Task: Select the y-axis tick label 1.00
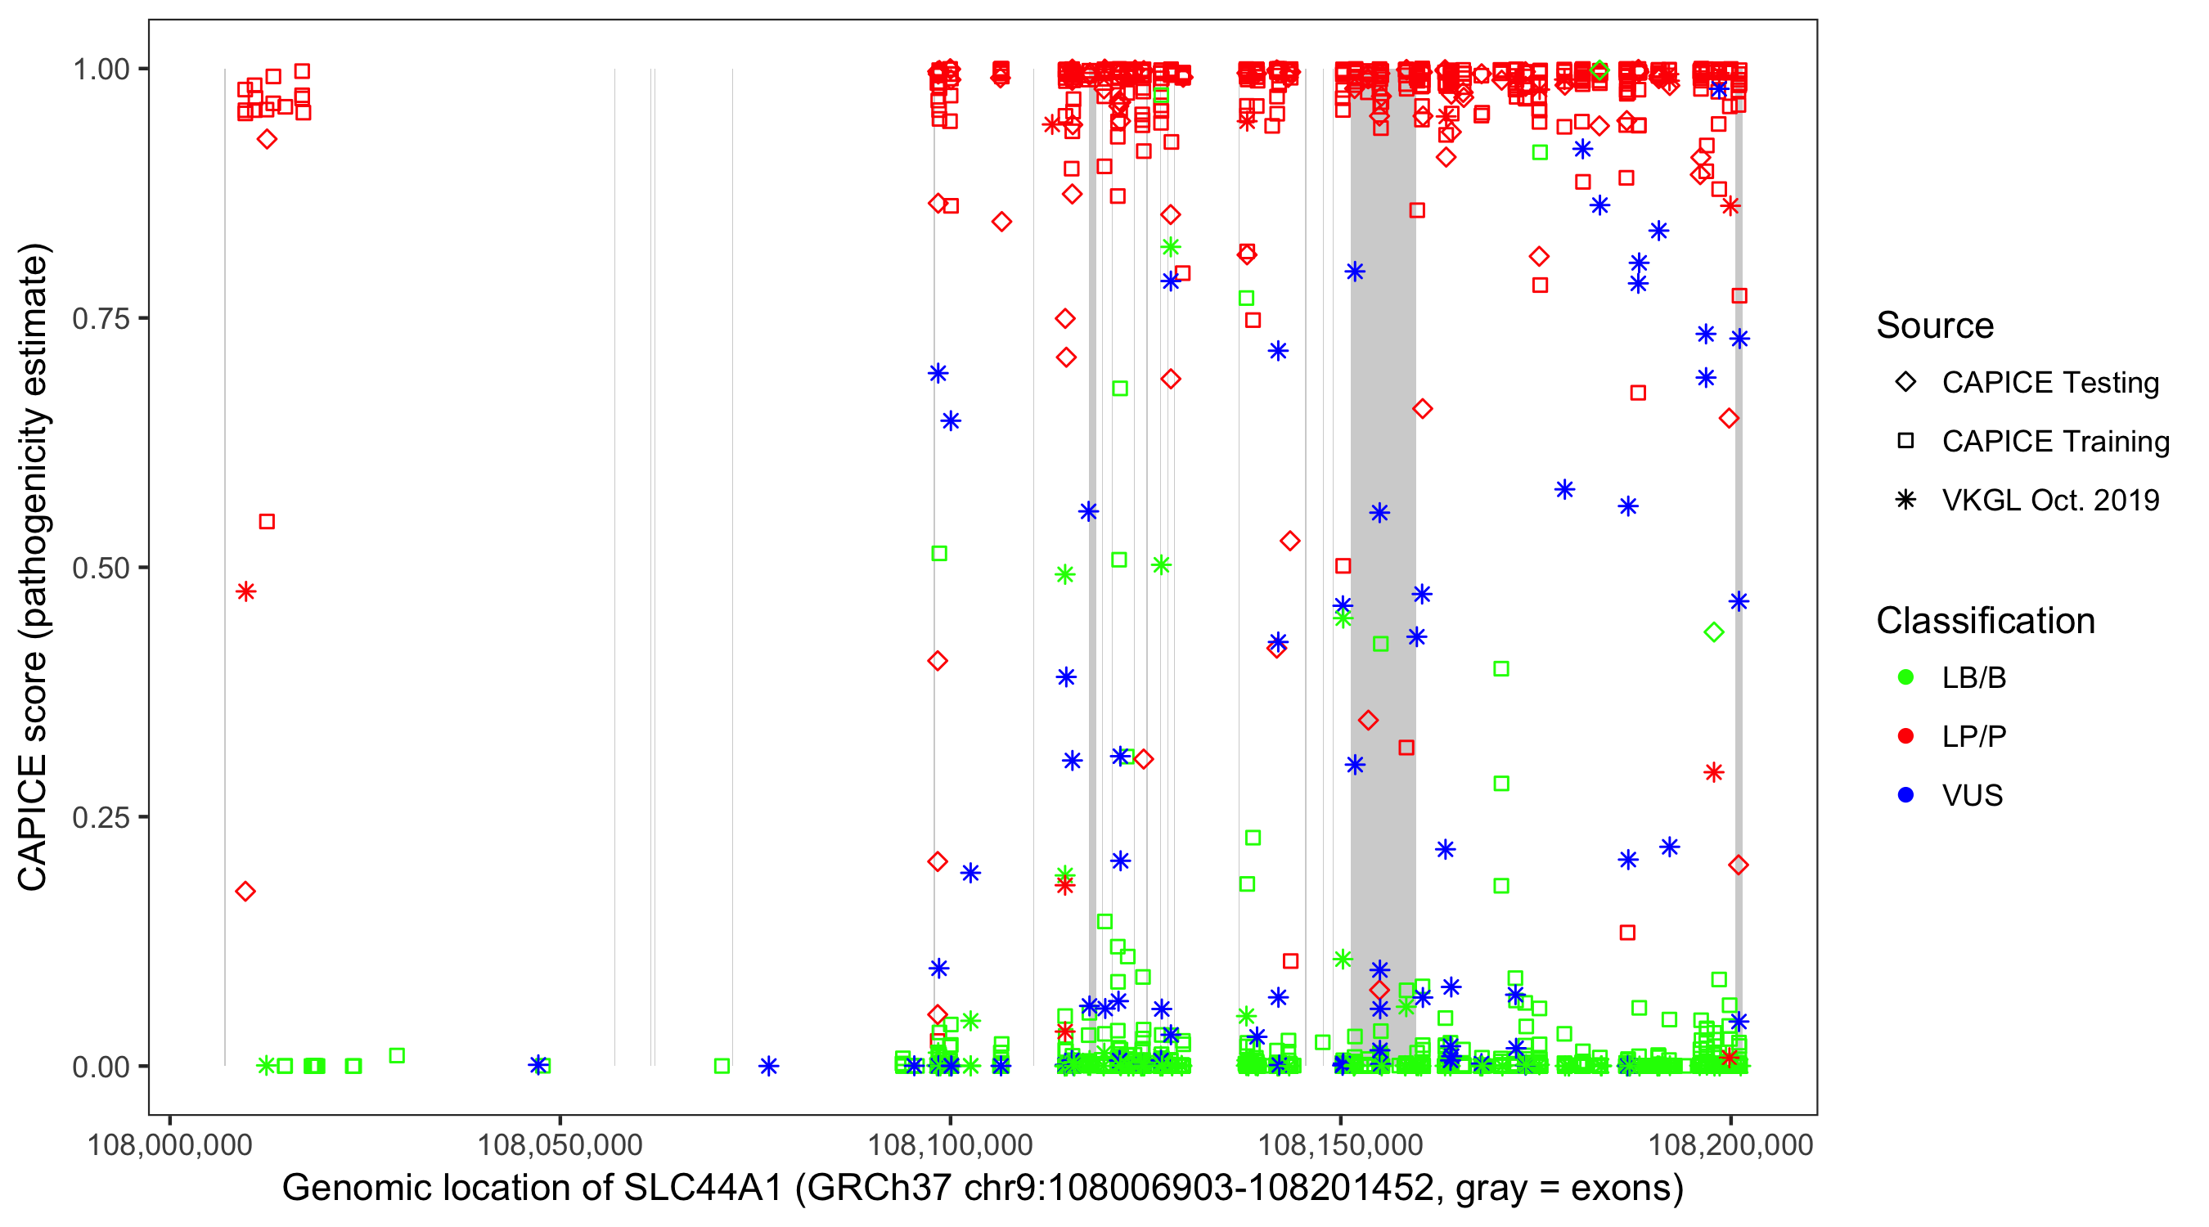101,70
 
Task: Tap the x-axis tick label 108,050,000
559,1144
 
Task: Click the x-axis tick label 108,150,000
1339,1144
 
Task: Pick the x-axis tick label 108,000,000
170,1144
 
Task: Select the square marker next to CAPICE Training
1905,442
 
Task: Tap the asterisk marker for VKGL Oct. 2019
1905,501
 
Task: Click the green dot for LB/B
1905,678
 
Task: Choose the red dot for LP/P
1905,736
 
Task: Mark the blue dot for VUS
1905,796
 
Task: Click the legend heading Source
1935,326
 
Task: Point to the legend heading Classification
1985,621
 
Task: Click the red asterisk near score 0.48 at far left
246,591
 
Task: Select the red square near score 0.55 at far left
267,522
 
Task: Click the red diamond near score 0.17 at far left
245,892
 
